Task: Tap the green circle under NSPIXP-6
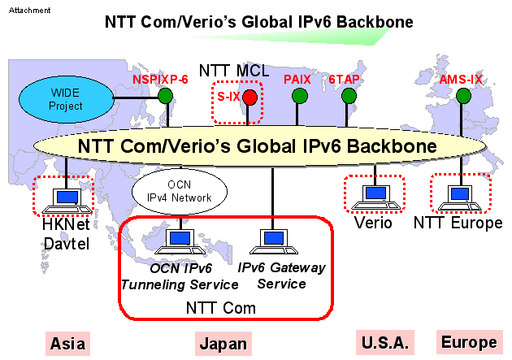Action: click(166, 97)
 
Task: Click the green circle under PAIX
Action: click(300, 97)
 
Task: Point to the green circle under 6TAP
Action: click(349, 97)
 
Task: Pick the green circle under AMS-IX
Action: click(463, 97)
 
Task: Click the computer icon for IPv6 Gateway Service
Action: click(271, 241)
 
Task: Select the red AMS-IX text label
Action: click(462, 80)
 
